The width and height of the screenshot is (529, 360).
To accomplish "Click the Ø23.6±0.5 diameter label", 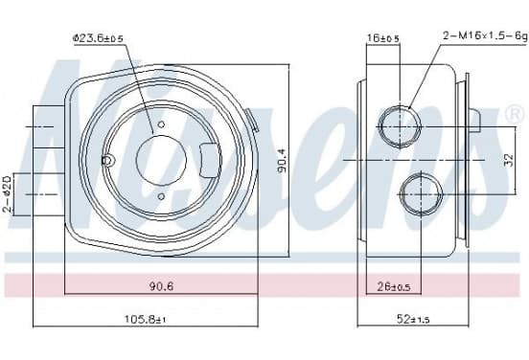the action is tap(98, 38).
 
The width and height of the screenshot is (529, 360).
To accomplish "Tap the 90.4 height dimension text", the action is tap(282, 161).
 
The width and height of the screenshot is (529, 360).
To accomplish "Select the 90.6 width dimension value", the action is tap(161, 286).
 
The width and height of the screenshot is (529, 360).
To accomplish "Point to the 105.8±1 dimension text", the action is tap(146, 319).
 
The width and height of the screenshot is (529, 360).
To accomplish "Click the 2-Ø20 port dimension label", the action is tap(8, 193).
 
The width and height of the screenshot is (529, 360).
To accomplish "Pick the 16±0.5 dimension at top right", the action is tap(383, 38).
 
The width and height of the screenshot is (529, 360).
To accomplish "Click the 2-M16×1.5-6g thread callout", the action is tap(485, 35).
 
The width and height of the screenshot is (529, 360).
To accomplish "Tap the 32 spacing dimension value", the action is tap(510, 160).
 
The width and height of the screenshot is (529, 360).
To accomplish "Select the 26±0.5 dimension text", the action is tap(393, 287).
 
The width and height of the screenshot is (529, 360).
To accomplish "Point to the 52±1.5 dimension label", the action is tap(413, 319).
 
